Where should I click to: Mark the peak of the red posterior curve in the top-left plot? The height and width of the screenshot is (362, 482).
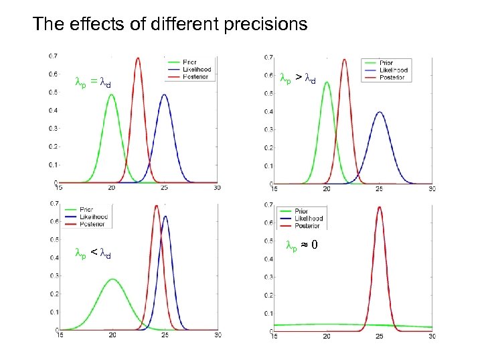[138, 58]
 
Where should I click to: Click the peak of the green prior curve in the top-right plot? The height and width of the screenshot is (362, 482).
[326, 82]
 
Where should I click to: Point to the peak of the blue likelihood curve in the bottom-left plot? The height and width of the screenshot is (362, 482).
[165, 216]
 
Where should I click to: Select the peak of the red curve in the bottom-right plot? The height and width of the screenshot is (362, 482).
[379, 207]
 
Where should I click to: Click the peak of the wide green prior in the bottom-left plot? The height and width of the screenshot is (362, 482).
[113, 280]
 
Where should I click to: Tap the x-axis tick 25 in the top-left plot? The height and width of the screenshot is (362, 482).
[165, 188]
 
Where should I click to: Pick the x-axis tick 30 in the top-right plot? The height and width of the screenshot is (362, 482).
[431, 188]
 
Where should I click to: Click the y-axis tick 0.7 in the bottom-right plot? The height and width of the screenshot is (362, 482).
[266, 204]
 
